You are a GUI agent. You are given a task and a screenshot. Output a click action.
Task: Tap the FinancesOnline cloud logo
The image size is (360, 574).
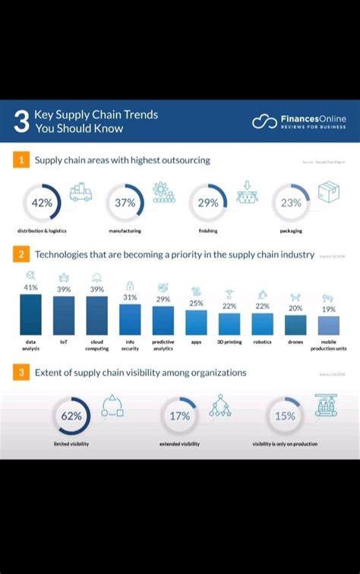264,121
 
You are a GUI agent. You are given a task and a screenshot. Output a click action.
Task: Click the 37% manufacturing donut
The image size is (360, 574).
125,203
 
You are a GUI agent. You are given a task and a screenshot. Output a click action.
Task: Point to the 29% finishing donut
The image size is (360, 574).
207,203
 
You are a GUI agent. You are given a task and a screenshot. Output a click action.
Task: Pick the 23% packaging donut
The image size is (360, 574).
291,203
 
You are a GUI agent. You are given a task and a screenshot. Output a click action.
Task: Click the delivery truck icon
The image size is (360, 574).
81,192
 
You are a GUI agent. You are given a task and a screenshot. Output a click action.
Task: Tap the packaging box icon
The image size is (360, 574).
329,192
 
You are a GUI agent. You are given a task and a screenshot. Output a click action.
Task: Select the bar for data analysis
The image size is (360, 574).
31,314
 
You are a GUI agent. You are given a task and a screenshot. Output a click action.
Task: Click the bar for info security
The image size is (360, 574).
130,319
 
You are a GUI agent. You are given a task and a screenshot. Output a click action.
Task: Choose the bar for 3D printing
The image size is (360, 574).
229,323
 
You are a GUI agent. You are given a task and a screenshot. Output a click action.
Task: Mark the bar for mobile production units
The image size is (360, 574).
329,326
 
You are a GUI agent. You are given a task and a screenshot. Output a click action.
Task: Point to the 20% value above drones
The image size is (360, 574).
295,308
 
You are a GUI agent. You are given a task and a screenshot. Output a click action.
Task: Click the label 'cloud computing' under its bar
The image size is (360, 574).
97,345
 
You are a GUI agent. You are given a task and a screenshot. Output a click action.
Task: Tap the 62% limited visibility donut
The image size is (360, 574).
71,415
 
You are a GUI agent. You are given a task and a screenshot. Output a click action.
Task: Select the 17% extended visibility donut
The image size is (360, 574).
180,415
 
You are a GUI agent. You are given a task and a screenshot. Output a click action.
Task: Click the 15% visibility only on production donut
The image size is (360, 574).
285,415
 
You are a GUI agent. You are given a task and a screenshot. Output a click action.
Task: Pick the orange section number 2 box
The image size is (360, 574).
21,255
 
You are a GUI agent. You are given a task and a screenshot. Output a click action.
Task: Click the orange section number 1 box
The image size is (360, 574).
21,160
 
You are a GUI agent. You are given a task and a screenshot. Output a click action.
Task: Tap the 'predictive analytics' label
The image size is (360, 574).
163,345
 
